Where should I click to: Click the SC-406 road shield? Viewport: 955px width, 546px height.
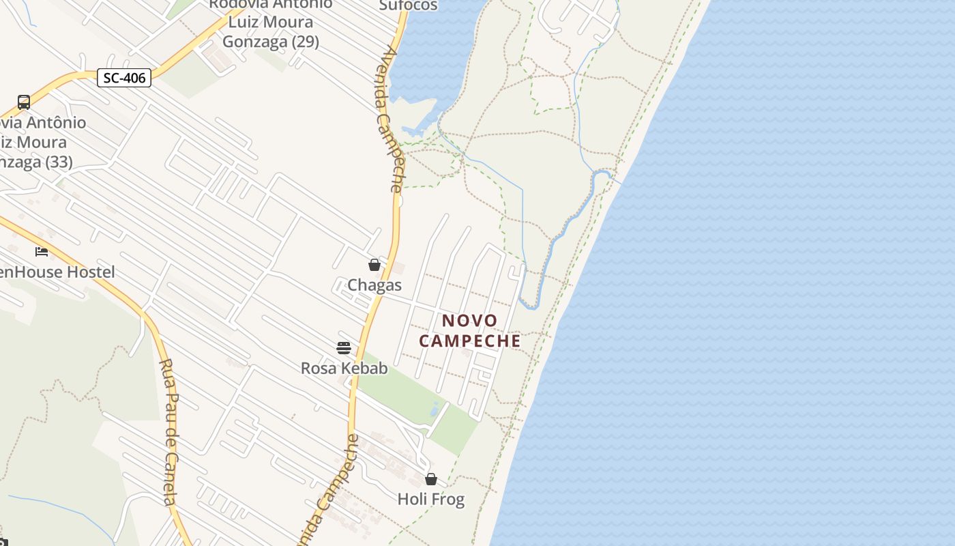pos(124,78)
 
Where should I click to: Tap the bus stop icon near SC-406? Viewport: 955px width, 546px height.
pos(24,102)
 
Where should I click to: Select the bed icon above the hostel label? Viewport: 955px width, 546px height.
pos(42,252)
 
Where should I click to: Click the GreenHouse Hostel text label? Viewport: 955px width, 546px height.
pos(57,272)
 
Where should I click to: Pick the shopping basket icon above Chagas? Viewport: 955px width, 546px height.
pos(374,265)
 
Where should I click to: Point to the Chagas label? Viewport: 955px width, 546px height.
pos(374,285)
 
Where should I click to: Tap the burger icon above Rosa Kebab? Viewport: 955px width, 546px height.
pos(344,348)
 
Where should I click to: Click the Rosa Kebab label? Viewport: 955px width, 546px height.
pos(344,369)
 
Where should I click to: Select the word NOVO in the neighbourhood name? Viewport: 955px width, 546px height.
pos(470,320)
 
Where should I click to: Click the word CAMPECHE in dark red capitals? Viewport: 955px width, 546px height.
pos(470,341)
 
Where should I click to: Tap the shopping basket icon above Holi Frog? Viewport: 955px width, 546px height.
pos(431,479)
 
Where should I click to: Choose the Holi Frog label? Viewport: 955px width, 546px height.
pos(431,500)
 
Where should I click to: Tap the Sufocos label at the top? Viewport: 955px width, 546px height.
pos(408,5)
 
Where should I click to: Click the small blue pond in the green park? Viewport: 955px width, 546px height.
pos(435,409)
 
